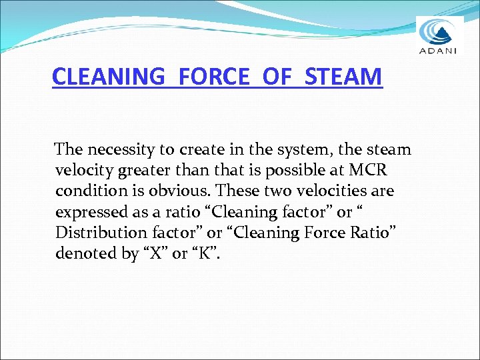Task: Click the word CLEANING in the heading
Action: [x=107, y=77]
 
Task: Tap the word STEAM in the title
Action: [x=344, y=77]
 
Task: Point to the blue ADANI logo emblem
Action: [x=439, y=31]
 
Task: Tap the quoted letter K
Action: [x=209, y=254]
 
